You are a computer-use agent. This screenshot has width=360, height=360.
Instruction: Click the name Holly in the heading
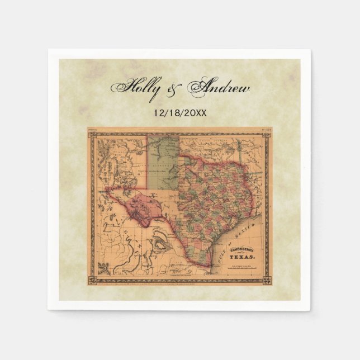click(x=138, y=88)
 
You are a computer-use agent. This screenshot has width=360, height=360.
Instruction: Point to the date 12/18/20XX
click(x=179, y=112)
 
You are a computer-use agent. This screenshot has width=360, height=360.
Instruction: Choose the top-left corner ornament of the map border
click(x=91, y=132)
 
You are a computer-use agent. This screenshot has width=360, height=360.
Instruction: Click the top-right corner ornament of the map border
click(x=267, y=132)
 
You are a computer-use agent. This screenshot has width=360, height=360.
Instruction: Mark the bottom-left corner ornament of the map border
click(x=91, y=277)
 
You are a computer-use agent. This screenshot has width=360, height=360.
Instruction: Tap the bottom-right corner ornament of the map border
click(x=267, y=277)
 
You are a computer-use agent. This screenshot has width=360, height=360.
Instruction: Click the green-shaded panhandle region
click(x=164, y=162)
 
